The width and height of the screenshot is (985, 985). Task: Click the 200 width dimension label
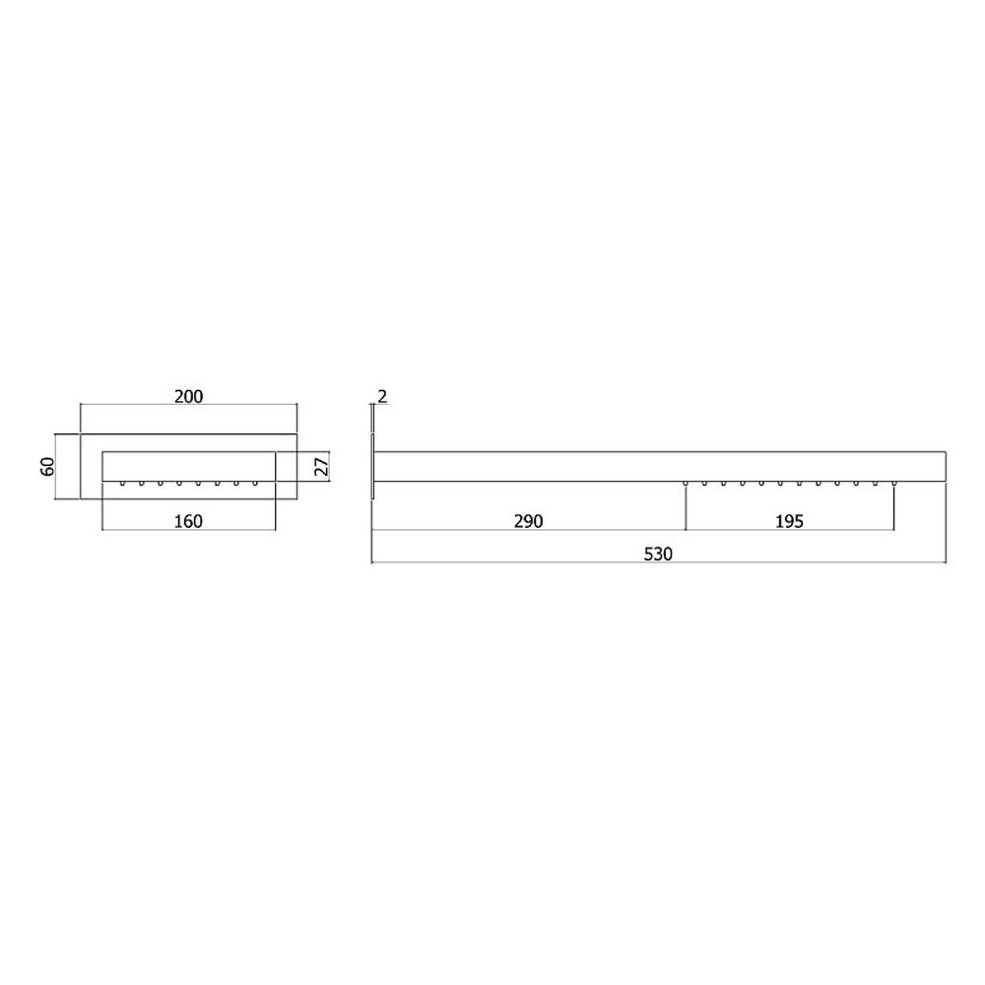pyautogui.click(x=188, y=396)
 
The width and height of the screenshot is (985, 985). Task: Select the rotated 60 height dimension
pyautogui.click(x=47, y=466)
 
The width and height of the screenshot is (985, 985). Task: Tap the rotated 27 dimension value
pyautogui.click(x=321, y=466)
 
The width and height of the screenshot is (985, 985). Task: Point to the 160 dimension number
pyautogui.click(x=188, y=521)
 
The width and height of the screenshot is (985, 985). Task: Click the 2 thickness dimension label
pyautogui.click(x=382, y=396)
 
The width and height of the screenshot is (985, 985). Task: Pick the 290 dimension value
pyautogui.click(x=528, y=521)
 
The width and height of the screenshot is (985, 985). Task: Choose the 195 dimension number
pyautogui.click(x=789, y=521)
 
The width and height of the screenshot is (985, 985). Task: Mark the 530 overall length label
pyautogui.click(x=658, y=554)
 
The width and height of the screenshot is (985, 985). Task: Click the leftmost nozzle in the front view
pyautogui.click(x=122, y=483)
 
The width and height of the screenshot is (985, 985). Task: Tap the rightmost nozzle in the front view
pyautogui.click(x=255, y=483)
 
